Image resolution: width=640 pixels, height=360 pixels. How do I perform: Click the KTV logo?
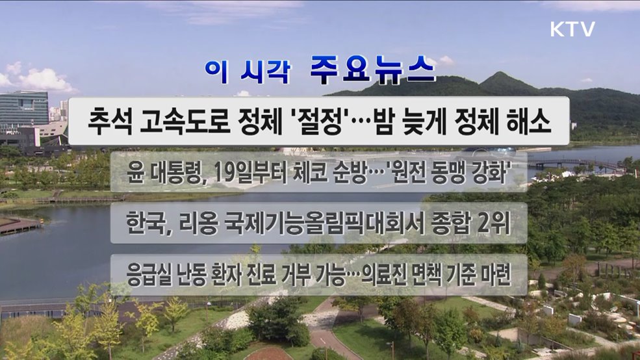pyautogui.click(x=572, y=29)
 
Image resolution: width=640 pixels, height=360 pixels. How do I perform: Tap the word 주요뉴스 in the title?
pyautogui.click(x=372, y=69)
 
